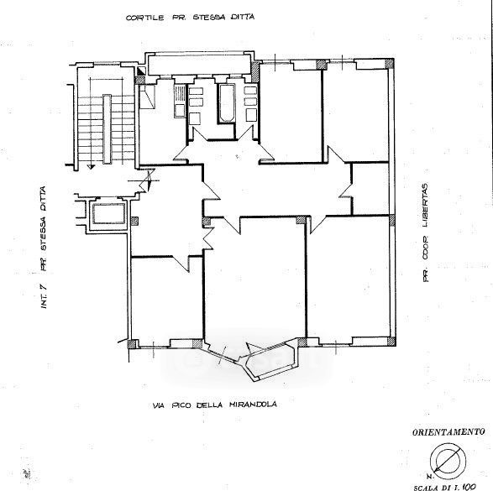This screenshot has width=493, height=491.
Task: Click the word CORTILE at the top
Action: tap(145, 18)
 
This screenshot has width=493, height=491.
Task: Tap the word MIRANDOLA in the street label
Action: tap(253, 405)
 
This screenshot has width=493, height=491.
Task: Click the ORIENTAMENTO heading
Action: tap(448, 432)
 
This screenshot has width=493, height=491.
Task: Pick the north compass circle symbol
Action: tap(448, 462)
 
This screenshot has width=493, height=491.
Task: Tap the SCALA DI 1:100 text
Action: tap(444, 488)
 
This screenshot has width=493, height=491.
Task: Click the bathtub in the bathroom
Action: tap(227, 103)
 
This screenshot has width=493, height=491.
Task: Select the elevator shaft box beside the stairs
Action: tap(109, 214)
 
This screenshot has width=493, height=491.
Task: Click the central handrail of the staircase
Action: tap(107, 128)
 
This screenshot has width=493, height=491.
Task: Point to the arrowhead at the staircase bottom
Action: tap(91, 167)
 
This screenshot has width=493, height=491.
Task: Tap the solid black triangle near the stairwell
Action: tap(141, 71)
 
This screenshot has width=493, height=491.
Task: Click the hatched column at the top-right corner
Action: tap(390, 64)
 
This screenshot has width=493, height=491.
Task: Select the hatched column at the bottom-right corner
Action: tap(391, 342)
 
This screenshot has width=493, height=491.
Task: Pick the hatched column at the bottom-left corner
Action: tap(132, 344)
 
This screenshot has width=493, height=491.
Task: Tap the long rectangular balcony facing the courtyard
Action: tap(200, 65)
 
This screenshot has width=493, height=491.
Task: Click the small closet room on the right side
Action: tap(370, 189)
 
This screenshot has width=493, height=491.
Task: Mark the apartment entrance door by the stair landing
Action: tap(148, 181)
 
